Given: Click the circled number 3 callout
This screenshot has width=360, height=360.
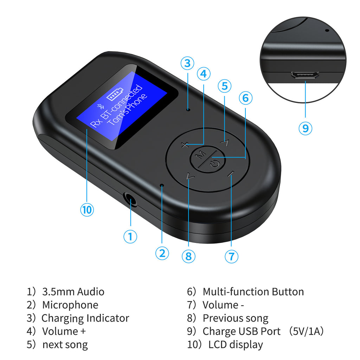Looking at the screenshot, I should (187, 64).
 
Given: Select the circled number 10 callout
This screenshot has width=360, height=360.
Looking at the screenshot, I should (87, 210).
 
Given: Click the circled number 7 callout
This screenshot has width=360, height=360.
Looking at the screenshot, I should (231, 256).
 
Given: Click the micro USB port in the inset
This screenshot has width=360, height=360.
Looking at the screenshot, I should (305, 75).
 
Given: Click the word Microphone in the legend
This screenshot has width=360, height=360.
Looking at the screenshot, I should (70, 305).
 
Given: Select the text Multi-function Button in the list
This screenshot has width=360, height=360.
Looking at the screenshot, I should (253, 292).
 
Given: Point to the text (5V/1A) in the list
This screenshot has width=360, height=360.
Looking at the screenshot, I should (306, 332).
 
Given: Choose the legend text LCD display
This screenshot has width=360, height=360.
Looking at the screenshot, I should (236, 345).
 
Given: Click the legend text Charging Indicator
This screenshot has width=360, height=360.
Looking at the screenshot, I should (85, 318).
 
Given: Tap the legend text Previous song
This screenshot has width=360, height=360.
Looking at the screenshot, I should (235, 318).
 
